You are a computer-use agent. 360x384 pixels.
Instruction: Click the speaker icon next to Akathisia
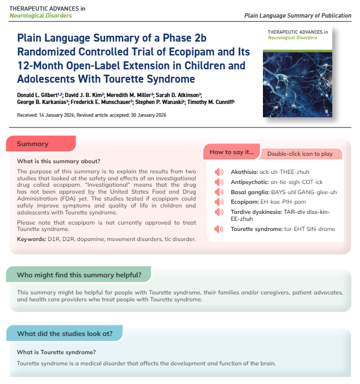(x=219, y=172)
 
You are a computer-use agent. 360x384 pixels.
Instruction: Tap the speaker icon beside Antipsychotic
(x=219, y=182)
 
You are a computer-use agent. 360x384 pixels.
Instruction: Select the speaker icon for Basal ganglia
(x=219, y=192)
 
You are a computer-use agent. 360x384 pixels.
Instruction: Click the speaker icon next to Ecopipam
(x=219, y=202)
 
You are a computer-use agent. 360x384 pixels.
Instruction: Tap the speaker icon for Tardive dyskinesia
(x=219, y=212)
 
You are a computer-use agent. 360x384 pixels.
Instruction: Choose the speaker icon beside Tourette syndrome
(x=219, y=229)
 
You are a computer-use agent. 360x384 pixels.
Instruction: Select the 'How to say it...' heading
(x=232, y=153)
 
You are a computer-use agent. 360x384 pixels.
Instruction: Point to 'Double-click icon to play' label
(x=300, y=154)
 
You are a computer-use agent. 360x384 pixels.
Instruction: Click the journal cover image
(x=299, y=71)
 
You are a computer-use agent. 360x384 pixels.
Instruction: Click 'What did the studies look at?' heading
(x=65, y=334)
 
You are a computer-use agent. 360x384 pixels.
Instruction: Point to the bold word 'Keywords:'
(x=31, y=239)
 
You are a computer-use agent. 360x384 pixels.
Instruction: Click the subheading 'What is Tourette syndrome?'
(x=57, y=352)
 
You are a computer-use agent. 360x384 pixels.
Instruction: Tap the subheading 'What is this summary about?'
(x=59, y=161)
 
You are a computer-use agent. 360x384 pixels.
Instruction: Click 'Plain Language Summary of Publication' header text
(x=298, y=15)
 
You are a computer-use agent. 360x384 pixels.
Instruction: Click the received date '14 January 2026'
(x=54, y=115)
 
